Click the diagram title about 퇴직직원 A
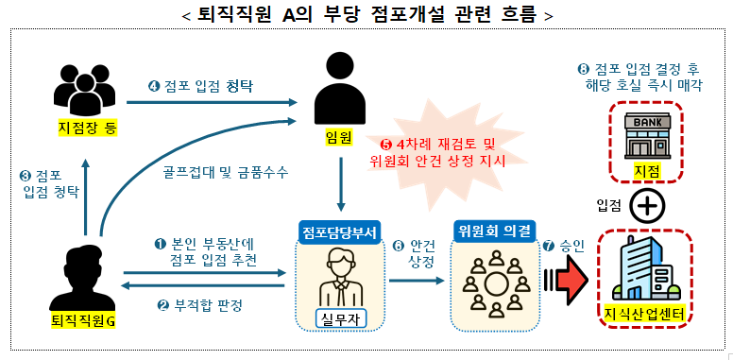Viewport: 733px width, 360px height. tap(366, 14)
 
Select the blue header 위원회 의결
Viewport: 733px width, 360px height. tap(493, 231)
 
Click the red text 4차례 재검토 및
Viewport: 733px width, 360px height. tap(437, 144)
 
